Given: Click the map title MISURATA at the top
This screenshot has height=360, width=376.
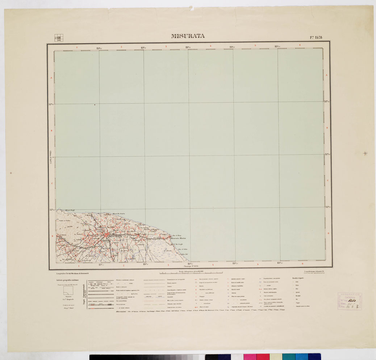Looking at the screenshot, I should click(188, 36).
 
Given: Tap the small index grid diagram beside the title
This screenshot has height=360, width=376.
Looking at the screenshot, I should click(58, 38).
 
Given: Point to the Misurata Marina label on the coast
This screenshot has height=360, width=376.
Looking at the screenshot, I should click(181, 238).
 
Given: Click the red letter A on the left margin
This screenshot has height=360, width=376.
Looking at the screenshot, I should click(51, 78).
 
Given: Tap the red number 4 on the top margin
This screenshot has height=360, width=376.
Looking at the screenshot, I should click(210, 46).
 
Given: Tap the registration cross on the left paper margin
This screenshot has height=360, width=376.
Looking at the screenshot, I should click(11, 173).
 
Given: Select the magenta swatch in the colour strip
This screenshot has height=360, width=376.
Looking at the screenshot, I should click(250, 357).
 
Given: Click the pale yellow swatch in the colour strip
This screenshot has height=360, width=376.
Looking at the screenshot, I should click(275, 357).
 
